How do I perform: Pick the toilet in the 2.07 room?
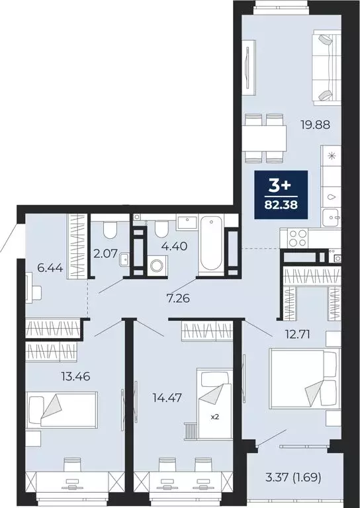(111, 231)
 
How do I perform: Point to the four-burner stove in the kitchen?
(295, 237)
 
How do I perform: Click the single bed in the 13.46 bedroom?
(61, 406)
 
